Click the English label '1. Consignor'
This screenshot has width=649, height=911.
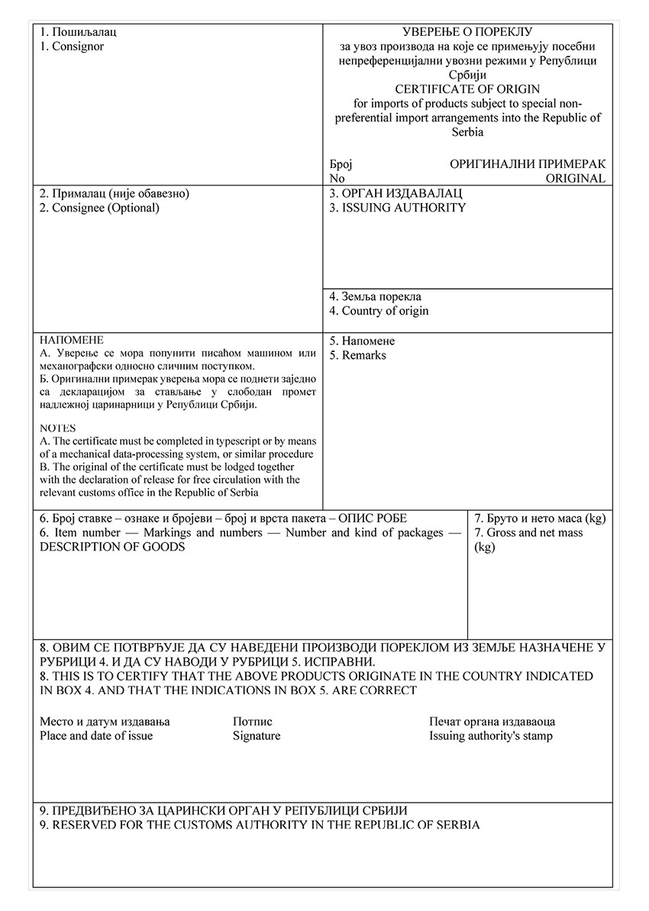click(72, 47)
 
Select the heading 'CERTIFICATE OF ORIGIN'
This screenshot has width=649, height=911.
click(467, 89)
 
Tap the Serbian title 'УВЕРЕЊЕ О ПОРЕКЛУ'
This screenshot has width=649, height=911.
click(467, 32)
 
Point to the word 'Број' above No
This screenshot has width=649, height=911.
click(341, 164)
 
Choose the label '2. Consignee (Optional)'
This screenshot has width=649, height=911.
click(99, 208)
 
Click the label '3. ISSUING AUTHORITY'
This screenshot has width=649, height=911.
click(397, 208)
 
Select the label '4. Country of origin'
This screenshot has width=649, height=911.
click(379, 311)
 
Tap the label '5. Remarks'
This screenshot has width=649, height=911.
click(357, 355)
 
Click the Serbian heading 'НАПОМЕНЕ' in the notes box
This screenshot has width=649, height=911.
click(71, 340)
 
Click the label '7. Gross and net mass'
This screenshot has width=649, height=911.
click(528, 533)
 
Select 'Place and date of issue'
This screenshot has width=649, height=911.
click(96, 736)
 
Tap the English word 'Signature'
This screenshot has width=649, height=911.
click(257, 736)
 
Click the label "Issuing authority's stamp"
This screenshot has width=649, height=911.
click(491, 736)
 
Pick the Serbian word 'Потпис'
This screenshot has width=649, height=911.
click(253, 722)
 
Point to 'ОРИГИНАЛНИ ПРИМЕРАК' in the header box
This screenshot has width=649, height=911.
click(528, 164)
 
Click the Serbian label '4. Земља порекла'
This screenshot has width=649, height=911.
click(375, 296)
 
